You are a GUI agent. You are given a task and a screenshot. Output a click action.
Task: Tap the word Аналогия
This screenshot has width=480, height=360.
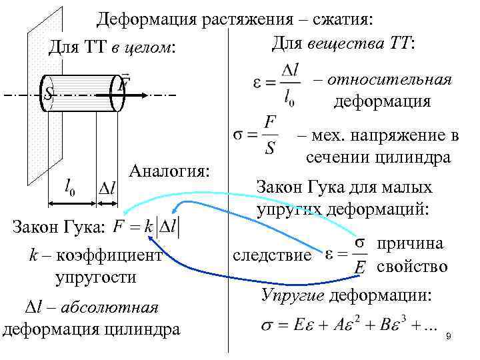170,171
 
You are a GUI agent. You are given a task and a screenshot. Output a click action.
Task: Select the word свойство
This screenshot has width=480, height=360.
412,267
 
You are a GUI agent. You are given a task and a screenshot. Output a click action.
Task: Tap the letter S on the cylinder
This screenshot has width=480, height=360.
48,95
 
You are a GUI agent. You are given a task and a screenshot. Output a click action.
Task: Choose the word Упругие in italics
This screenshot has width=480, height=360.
293,295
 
